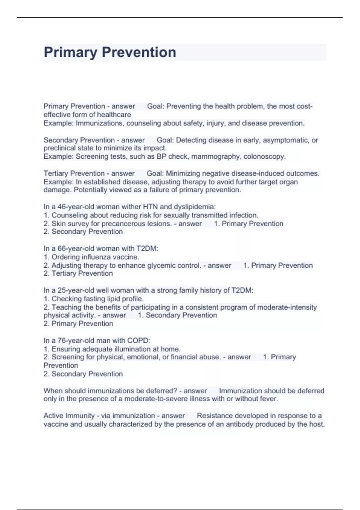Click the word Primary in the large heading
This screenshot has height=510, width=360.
[70, 52]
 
